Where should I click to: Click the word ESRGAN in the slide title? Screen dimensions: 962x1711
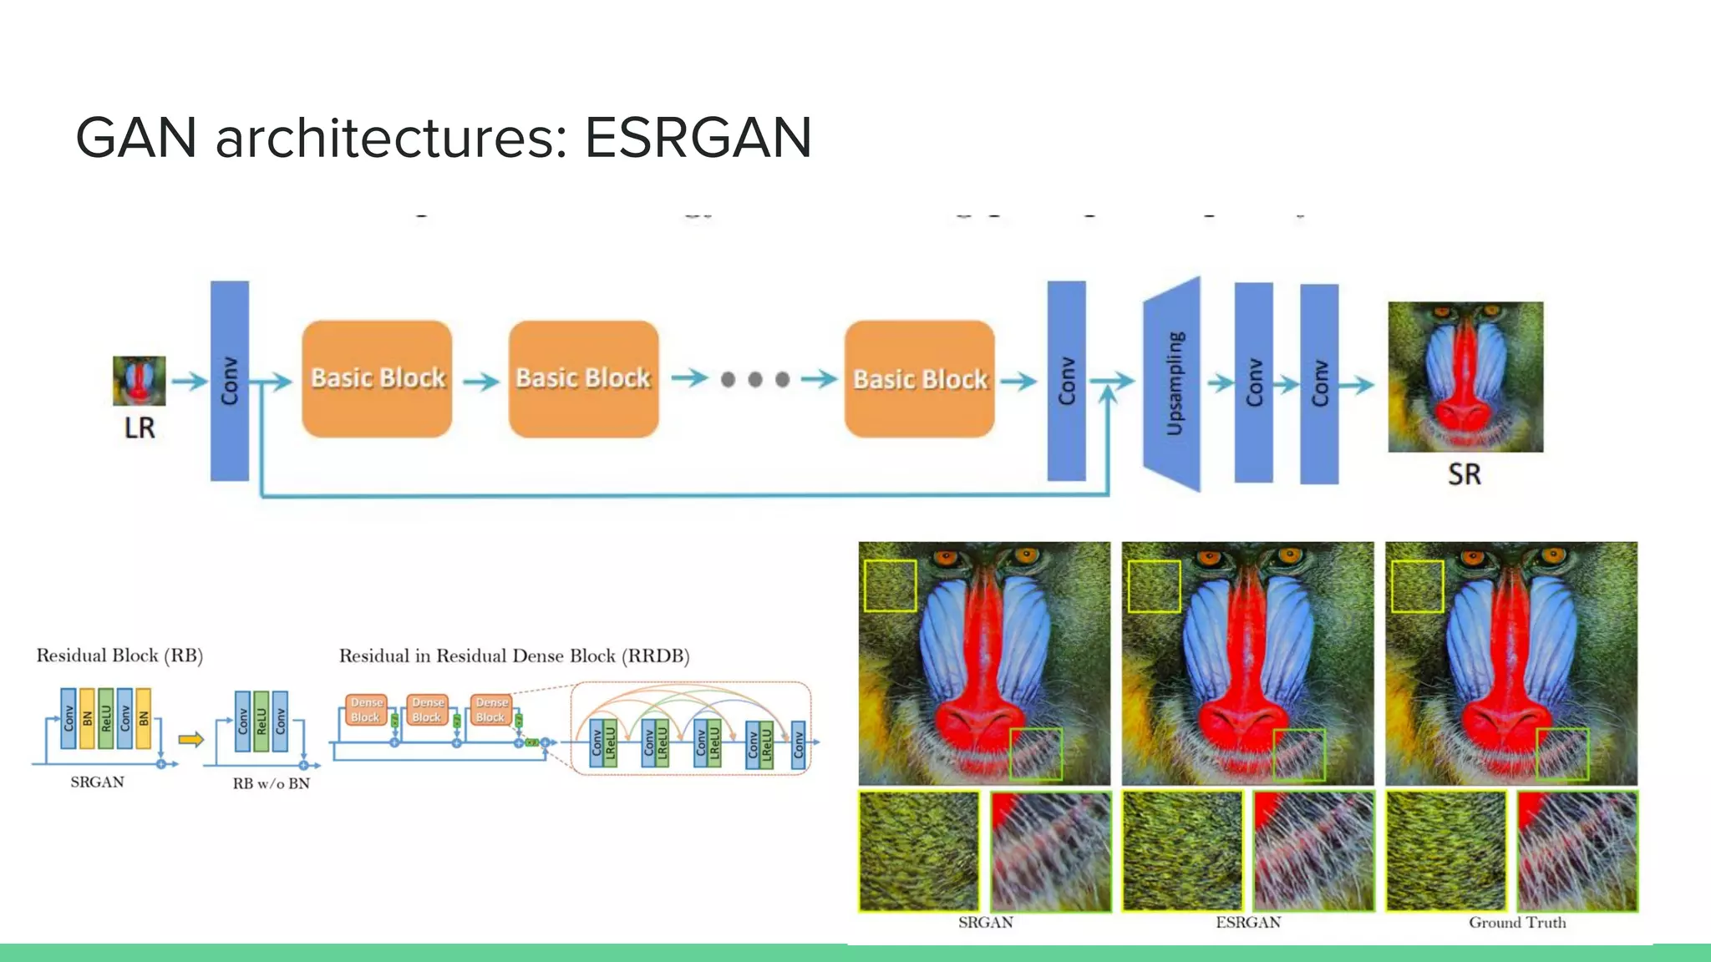coord(698,138)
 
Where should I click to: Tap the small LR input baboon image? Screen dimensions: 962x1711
coord(139,381)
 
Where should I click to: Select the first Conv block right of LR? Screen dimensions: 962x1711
coord(230,381)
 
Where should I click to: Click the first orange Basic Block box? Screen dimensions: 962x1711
coord(377,378)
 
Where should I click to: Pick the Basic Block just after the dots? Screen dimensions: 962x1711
coord(919,379)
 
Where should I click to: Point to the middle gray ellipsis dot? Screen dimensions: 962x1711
coord(755,380)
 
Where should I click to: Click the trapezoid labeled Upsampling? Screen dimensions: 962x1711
coord(1172,384)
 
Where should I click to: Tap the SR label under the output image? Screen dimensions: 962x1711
coord(1464,474)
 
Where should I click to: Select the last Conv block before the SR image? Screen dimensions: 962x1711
coord(1319,384)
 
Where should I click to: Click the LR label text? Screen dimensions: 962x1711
coord(140,428)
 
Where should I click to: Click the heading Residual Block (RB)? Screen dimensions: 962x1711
coord(119,656)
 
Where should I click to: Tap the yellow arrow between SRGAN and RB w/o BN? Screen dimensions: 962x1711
coord(191,739)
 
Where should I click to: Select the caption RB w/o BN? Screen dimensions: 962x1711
coord(271,783)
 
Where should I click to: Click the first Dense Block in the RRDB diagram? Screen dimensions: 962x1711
coord(366,710)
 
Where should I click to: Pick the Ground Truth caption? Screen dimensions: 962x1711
coord(1517,923)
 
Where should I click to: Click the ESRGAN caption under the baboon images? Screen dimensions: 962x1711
coord(1247,923)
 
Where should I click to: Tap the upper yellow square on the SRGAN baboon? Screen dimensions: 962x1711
coord(890,586)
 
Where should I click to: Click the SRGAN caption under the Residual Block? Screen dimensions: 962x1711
coord(97,782)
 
